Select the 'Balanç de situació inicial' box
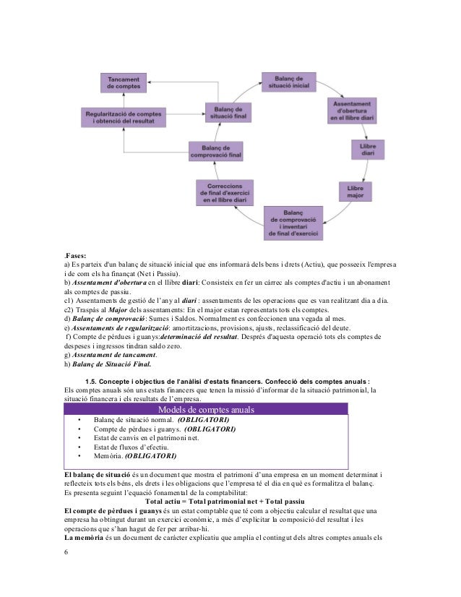point(288,82)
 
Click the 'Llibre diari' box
point(367,150)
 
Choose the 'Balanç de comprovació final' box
point(216,151)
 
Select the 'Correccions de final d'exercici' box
point(225,192)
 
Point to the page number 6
point(66,554)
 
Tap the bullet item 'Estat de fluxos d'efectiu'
point(126,447)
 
